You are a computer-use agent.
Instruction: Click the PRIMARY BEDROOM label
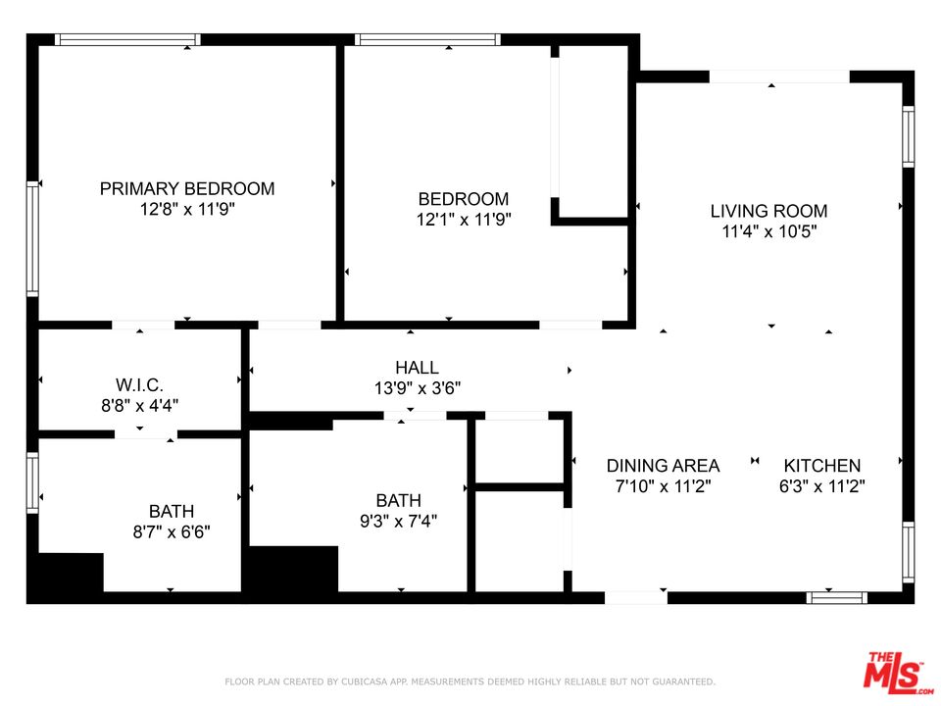(x=187, y=188)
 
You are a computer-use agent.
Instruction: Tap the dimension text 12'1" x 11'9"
(x=464, y=220)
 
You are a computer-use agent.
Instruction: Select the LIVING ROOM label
(x=768, y=211)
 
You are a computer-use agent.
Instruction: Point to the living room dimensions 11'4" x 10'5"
(x=768, y=231)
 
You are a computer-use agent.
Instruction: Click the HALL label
(x=417, y=368)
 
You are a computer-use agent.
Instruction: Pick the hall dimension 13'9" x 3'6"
(x=417, y=388)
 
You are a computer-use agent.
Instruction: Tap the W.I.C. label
(x=139, y=383)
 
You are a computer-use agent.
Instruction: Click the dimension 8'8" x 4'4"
(x=139, y=404)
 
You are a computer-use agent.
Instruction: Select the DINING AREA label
(x=663, y=466)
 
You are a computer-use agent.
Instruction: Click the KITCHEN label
(x=821, y=466)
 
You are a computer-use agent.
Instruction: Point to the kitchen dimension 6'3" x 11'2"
(x=821, y=485)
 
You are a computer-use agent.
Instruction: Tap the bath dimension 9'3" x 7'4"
(x=399, y=521)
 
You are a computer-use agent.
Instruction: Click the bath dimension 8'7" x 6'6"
(x=172, y=532)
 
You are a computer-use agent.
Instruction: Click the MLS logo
(x=894, y=672)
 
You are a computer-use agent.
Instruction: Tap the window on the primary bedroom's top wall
(x=127, y=40)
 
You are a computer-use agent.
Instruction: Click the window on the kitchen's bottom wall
(x=836, y=597)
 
